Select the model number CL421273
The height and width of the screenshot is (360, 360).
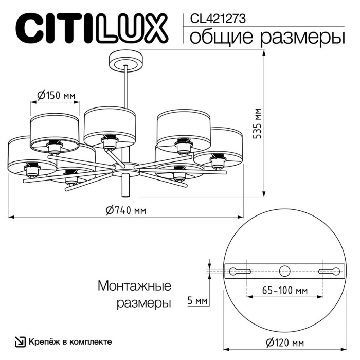pyautogui.click(x=218, y=19)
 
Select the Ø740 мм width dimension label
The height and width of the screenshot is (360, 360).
pyautogui.click(x=125, y=210)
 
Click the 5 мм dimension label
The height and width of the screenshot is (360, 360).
pyautogui.click(x=197, y=300)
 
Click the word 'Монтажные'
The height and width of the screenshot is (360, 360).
pyautogui.click(x=134, y=285)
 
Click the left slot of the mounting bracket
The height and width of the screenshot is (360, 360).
pyautogui.click(x=240, y=271)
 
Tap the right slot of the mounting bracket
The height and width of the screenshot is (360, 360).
pyautogui.click(x=330, y=271)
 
